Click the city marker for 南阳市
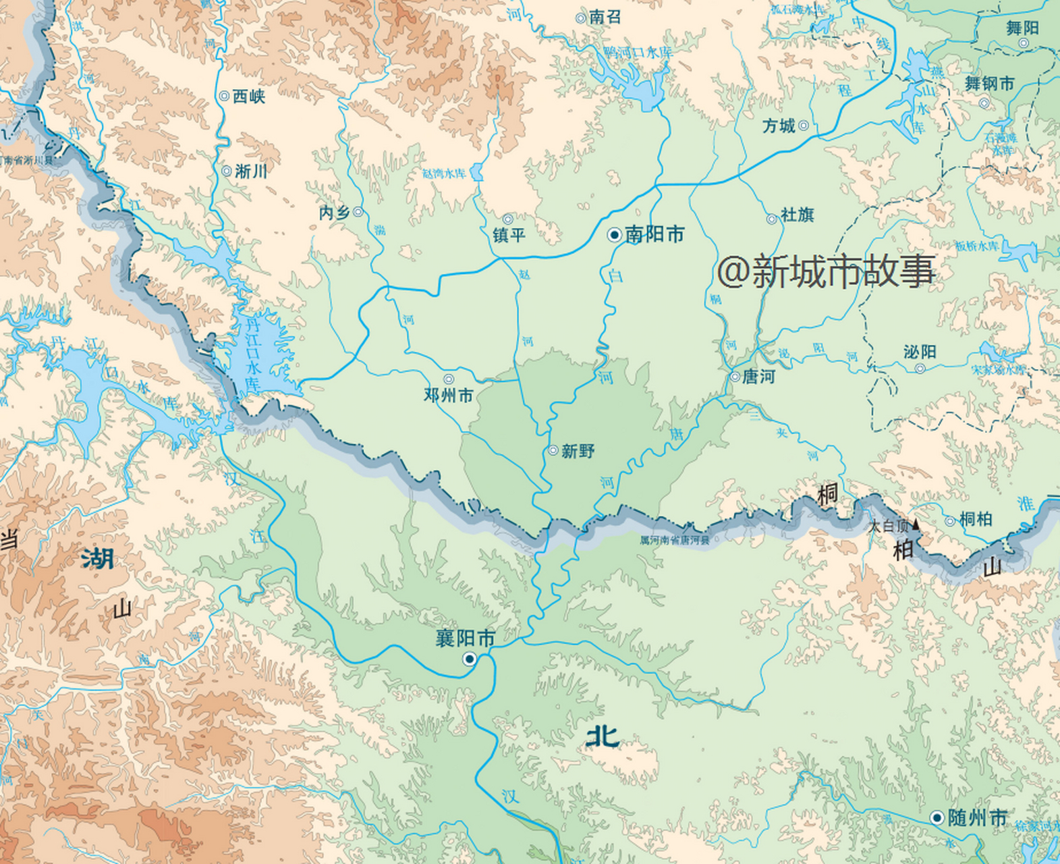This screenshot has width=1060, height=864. coord(614,235)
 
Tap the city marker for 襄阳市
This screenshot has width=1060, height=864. coord(469,658)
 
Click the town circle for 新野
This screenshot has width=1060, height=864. coord(553,450)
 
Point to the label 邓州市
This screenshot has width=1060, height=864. coord(448,396)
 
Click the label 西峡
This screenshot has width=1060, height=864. coord(248,97)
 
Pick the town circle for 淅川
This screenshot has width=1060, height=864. coord(227,171)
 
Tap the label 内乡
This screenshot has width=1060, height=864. coord(334,213)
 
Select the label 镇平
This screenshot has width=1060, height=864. coord(509,235)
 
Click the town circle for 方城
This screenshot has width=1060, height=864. coord(803,126)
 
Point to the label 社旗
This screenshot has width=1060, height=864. coord(797,215)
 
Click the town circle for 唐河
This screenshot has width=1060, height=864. coord(735,377)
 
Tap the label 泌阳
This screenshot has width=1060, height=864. coord(920,352)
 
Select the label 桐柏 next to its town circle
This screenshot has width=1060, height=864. coord(976,519)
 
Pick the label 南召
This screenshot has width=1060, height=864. coord(605,18)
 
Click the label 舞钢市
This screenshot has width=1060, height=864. coord(989,84)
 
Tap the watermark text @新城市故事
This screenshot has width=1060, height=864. coord(826,271)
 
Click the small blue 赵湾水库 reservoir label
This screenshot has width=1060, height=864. coord(443,173)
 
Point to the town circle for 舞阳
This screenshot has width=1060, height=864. coord(1024,43)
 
